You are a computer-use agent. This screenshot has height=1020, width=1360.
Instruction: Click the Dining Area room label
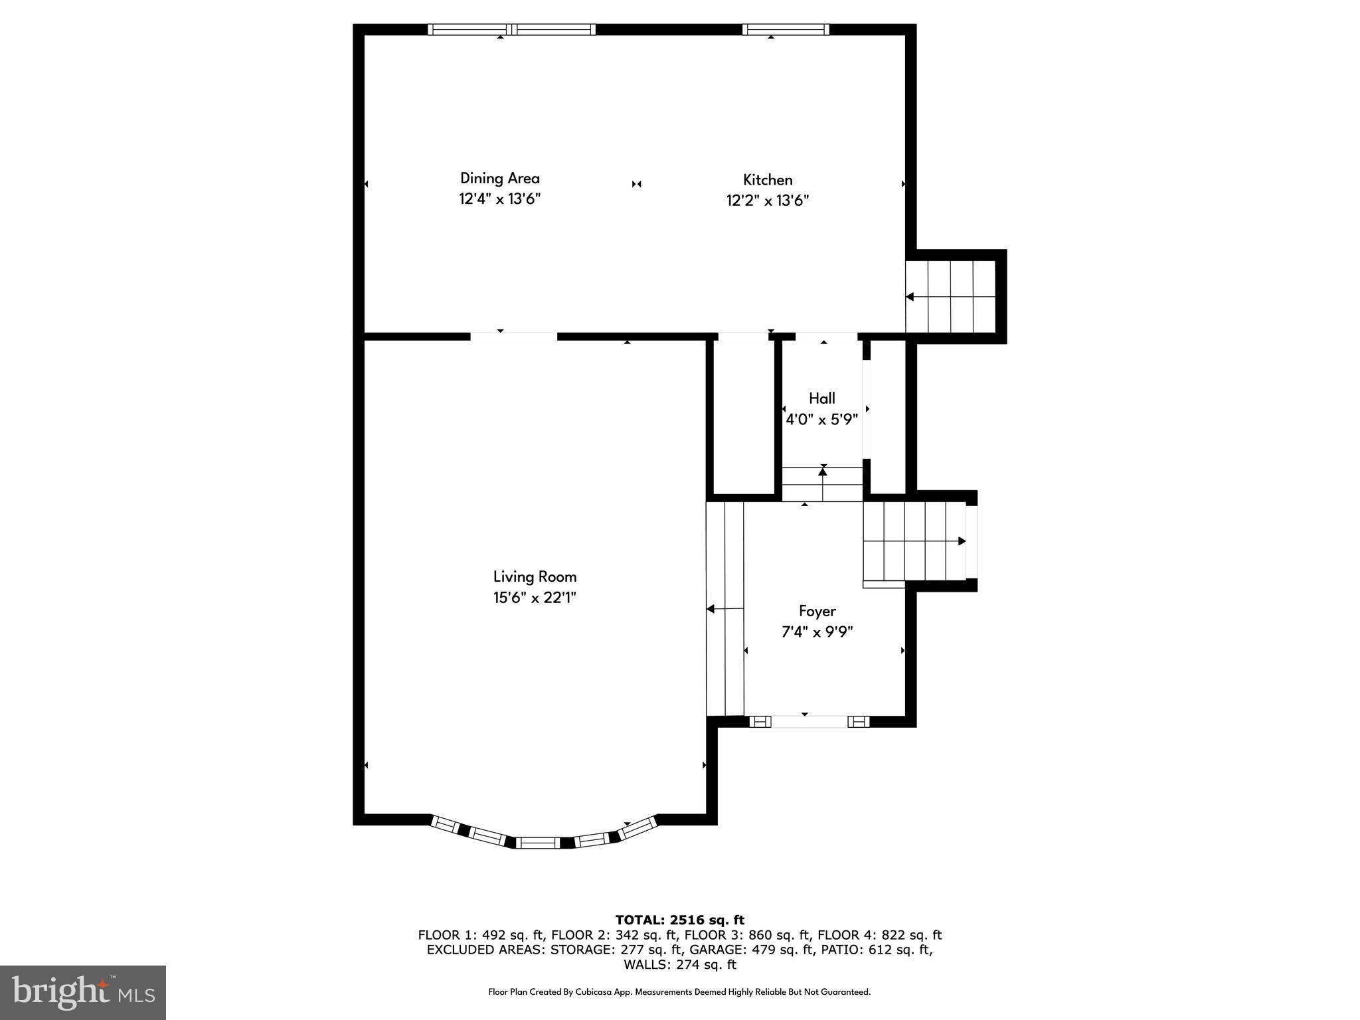tap(499, 178)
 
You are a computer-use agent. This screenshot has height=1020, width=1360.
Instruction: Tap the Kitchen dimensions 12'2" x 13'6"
tap(767, 201)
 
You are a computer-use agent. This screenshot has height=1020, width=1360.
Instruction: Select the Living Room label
tap(535, 576)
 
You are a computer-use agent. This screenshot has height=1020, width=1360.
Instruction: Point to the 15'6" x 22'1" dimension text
tap(535, 598)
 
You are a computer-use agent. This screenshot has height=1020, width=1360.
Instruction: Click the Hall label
tap(821, 398)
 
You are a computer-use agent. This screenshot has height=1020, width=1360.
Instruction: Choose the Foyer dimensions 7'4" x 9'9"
tap(817, 632)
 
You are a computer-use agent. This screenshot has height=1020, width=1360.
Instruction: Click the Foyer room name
tap(817, 611)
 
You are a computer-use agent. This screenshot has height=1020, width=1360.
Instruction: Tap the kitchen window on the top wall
tap(785, 29)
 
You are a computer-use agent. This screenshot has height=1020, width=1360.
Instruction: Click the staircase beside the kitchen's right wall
tap(950, 296)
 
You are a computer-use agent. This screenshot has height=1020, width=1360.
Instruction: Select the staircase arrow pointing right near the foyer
tap(962, 541)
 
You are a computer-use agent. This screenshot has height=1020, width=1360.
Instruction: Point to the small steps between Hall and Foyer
tap(822, 484)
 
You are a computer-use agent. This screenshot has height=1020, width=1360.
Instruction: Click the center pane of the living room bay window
tap(538, 843)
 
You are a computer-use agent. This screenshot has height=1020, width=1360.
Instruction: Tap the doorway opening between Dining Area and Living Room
tap(513, 337)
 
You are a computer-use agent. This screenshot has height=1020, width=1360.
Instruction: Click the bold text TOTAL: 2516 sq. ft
tap(679, 920)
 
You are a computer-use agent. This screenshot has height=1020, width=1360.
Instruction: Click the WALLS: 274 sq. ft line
tap(679, 964)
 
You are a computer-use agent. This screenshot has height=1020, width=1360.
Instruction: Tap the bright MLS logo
tap(83, 992)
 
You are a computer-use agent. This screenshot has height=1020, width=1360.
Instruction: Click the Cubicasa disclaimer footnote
tap(679, 992)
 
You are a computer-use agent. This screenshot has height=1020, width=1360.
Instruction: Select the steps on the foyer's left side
tap(724, 608)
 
